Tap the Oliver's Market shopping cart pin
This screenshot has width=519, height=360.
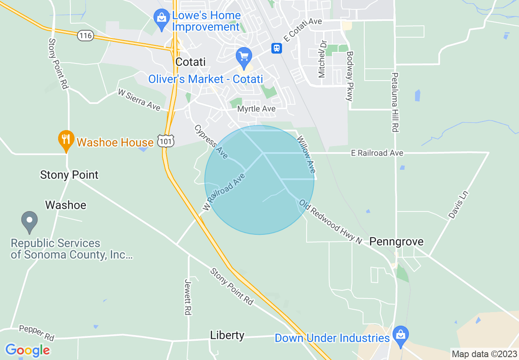(x=244, y=57)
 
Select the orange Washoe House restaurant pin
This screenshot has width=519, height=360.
(x=65, y=140)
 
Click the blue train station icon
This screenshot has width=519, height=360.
(x=277, y=48)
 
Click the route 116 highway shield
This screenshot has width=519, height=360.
(x=86, y=36)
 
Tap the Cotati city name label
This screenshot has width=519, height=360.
(x=190, y=62)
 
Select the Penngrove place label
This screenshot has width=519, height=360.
(x=396, y=241)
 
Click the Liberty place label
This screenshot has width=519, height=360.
(x=227, y=335)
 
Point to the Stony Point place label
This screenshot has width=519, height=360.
(x=69, y=175)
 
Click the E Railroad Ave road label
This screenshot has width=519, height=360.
(x=377, y=153)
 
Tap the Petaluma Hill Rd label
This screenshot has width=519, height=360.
(x=395, y=102)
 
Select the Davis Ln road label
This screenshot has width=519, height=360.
(x=458, y=205)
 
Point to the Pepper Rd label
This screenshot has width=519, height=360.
(x=36, y=333)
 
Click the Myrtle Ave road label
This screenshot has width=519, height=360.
(x=256, y=109)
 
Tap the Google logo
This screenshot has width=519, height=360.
(x=27, y=350)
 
